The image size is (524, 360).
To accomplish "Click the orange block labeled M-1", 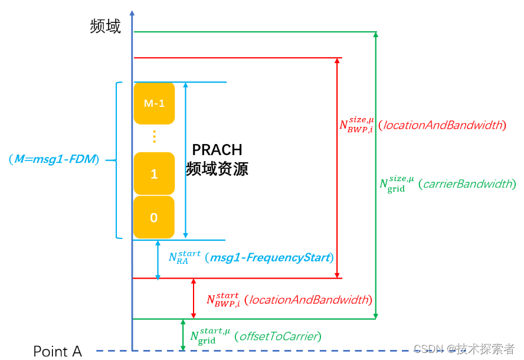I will [154, 103].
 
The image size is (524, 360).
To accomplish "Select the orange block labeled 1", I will [154, 174].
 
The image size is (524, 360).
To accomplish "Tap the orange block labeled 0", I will [154, 217].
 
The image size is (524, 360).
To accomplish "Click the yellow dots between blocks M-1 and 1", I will [154, 137].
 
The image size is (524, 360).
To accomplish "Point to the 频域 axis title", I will [106, 27].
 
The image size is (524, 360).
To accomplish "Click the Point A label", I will [57, 352].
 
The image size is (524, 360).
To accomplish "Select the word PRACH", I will [217, 150].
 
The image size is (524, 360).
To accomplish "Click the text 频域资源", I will [217, 169].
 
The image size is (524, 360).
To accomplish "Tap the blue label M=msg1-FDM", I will [54, 159].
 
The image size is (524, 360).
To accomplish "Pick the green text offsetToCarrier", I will [277, 337].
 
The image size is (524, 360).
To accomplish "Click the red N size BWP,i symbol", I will [356, 125].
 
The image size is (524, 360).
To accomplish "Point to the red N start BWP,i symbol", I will [222, 299].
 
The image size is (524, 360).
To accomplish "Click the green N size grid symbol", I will [397, 184].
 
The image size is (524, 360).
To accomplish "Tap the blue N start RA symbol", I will [184, 258].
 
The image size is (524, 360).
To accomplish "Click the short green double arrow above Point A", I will [183, 335].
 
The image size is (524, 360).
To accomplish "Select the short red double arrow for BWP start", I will [194, 298].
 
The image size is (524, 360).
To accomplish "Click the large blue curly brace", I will [117, 159].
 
